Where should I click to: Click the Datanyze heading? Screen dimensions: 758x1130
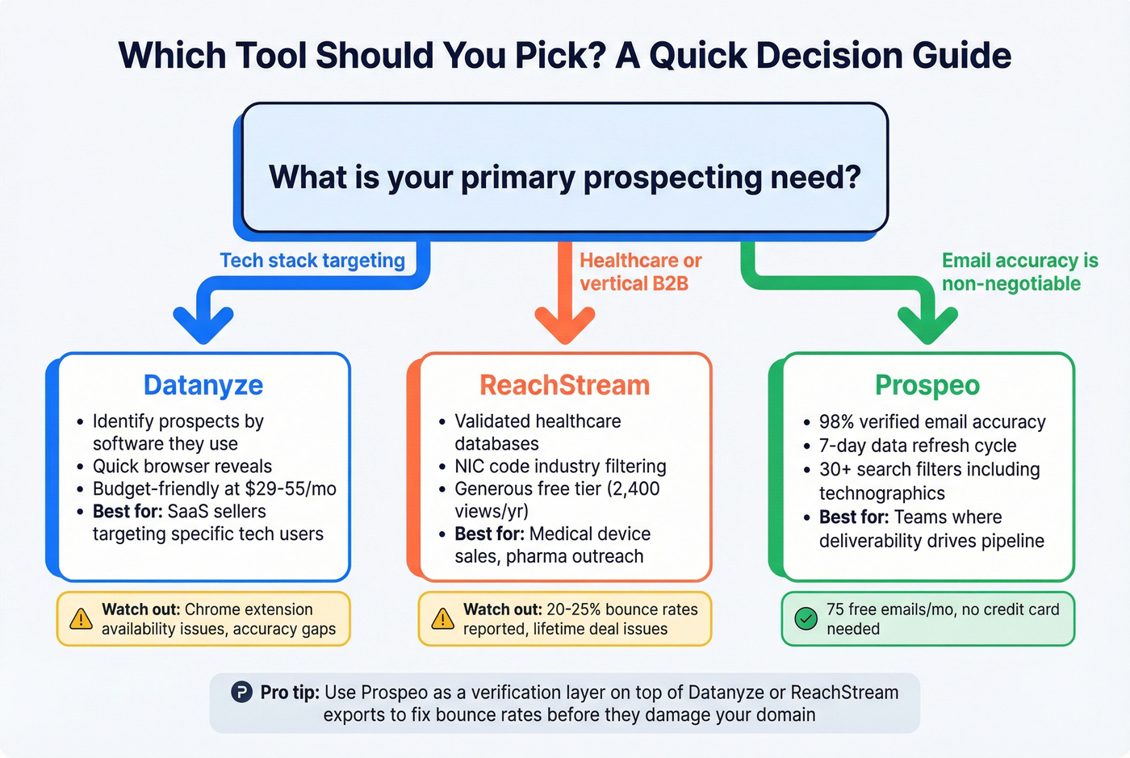click(203, 385)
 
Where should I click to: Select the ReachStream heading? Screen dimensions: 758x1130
click(564, 385)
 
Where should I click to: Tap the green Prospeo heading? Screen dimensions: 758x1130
click(927, 385)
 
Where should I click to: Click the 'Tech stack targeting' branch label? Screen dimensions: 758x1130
click(312, 261)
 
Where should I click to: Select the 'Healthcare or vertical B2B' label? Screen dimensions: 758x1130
click(640, 272)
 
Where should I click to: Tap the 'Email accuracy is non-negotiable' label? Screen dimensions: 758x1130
click(1019, 272)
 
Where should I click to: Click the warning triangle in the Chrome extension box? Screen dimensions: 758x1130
click(81, 619)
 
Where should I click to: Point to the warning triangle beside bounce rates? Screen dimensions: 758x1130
click(442, 619)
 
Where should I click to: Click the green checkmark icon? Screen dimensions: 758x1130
click(806, 619)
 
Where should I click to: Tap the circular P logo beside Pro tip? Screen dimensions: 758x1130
click(241, 692)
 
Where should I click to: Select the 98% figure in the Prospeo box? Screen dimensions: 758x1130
click(836, 422)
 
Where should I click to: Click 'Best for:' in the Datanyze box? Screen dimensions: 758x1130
click(127, 511)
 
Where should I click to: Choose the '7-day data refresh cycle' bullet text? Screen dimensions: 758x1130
click(918, 446)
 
